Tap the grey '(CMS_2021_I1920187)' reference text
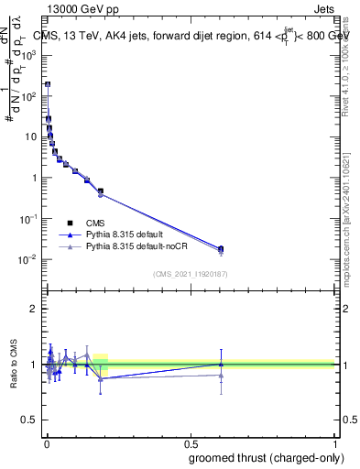pyautogui.click(x=191, y=273)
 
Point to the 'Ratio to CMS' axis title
pyautogui.click(x=14, y=365)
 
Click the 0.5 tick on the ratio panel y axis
pyautogui.click(x=33, y=420)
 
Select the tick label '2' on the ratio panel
pyautogui.click(x=36, y=309)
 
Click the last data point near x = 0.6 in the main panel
pyautogui.click(x=220, y=248)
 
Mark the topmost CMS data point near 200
pyautogui.click(x=48, y=84)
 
